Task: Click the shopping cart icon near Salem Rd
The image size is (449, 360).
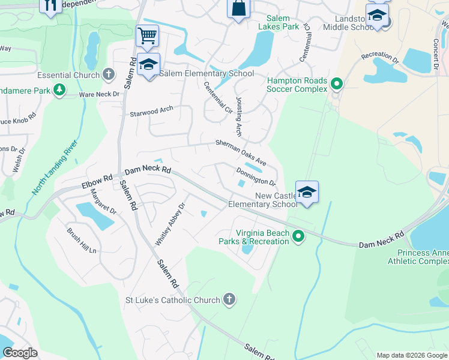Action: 147,35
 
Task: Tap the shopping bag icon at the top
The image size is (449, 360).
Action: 238,9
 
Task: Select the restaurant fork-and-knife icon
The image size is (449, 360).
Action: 50,5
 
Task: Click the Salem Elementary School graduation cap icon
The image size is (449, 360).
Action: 148,65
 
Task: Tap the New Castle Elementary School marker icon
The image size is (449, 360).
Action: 307,193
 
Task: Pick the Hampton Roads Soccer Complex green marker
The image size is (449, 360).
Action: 336,84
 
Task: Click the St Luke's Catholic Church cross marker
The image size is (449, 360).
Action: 228,299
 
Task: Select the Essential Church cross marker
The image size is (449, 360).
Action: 108,75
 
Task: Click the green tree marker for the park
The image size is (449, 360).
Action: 59,90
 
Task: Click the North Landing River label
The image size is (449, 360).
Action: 55,169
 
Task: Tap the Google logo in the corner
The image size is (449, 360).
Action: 20,352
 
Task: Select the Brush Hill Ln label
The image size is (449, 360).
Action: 82,240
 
